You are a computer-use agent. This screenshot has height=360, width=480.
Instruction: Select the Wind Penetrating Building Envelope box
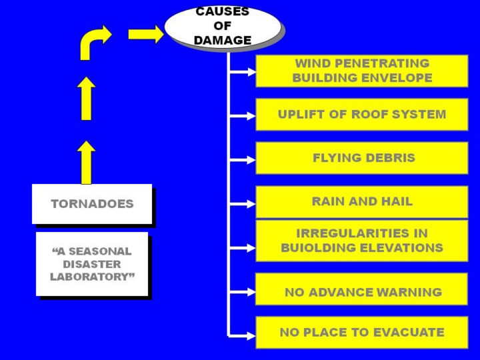pyautogui.click(x=362, y=71)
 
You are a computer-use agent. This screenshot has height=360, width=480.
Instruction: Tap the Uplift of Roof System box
pyautogui.click(x=362, y=115)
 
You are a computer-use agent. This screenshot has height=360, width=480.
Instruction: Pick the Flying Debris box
pyautogui.click(x=362, y=158)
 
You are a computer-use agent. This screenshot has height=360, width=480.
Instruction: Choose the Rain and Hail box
pyautogui.click(x=362, y=201)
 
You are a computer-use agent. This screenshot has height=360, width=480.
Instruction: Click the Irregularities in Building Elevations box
pyautogui.click(x=362, y=241)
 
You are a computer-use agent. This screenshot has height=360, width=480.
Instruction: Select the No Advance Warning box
pyautogui.click(x=362, y=292)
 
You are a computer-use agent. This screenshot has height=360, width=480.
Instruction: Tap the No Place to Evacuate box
pyautogui.click(x=362, y=332)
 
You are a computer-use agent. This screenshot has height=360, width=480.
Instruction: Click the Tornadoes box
pyautogui.click(x=92, y=203)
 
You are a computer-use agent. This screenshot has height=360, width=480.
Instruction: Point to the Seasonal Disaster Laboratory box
pyautogui.click(x=92, y=264)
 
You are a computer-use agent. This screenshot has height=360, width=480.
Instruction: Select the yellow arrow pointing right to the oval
pyautogui.click(x=145, y=34)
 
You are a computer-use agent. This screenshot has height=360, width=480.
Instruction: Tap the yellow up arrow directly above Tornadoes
pyautogui.click(x=86, y=162)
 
